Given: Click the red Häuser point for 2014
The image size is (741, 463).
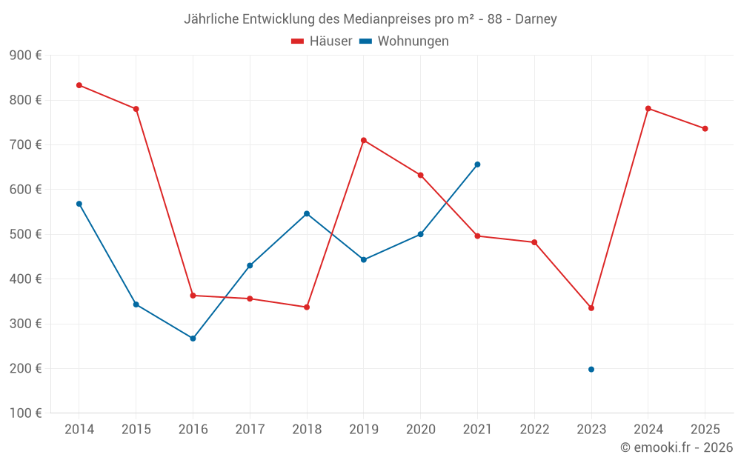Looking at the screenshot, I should click(x=79, y=85).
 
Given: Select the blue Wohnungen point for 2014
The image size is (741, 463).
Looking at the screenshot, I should click(x=79, y=204).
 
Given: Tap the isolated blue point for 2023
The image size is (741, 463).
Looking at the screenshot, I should click(x=591, y=369).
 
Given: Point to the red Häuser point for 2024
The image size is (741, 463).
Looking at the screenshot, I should click(x=648, y=109).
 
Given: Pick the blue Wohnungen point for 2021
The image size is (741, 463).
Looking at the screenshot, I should click(x=477, y=164).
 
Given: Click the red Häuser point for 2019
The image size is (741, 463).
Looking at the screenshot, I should click(x=364, y=140).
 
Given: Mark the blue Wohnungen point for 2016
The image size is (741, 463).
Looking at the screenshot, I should click(x=193, y=339).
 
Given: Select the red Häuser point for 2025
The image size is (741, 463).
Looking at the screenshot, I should click(x=705, y=129).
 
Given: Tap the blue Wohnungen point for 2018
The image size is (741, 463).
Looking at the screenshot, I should click(x=307, y=213).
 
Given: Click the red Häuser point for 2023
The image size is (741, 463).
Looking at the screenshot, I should click(x=591, y=308).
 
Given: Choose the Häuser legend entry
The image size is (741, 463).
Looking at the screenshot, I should click(x=322, y=41).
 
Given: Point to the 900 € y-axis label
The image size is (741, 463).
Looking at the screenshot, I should click(x=25, y=56).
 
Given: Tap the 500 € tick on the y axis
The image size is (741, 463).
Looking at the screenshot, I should click(x=25, y=234).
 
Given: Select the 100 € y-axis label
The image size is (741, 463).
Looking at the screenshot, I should click(x=25, y=413).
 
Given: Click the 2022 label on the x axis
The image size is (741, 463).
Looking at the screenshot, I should click(x=534, y=430).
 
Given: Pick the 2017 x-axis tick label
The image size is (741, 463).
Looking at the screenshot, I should click(x=250, y=430).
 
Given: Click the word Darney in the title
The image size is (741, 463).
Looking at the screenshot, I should click(x=536, y=19).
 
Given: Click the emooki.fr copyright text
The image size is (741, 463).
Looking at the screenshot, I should click(x=677, y=447).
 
